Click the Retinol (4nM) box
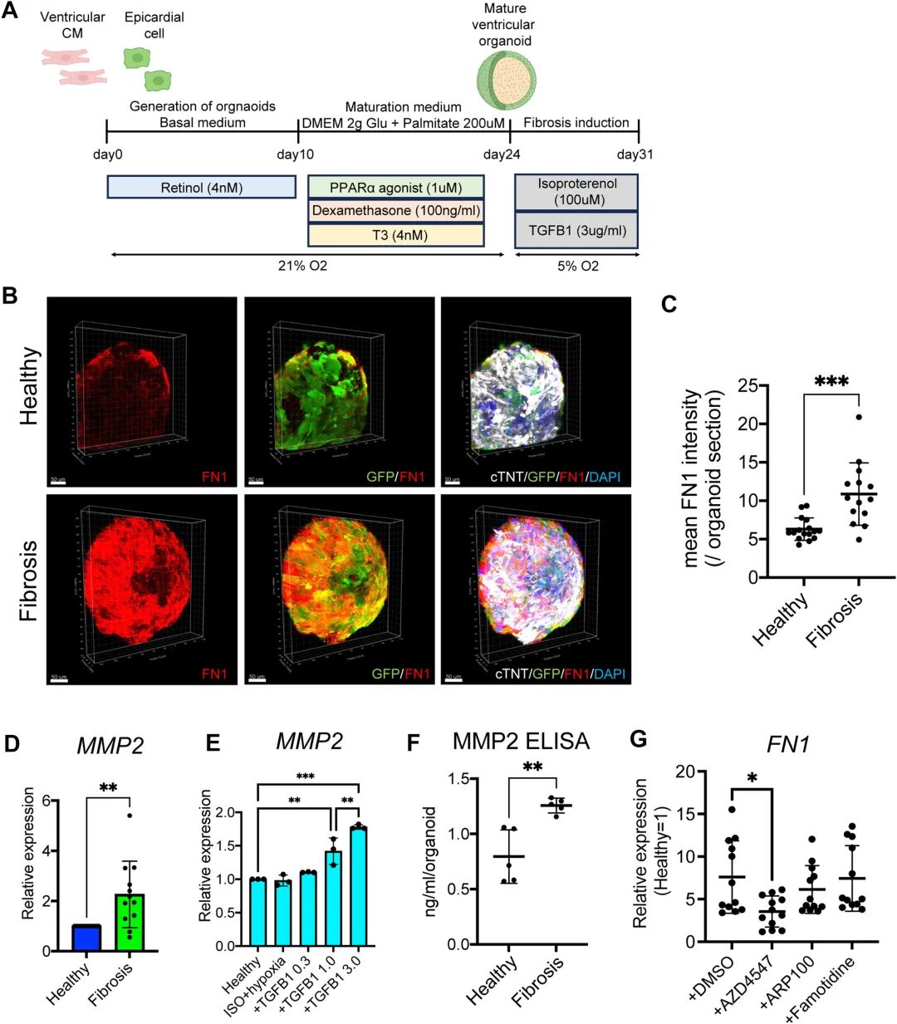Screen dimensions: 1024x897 pos(201,188)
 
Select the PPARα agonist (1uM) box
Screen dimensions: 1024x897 pos(395,188)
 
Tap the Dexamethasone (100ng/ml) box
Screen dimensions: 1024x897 pos(395,211)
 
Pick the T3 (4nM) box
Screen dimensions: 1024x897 pos(395,234)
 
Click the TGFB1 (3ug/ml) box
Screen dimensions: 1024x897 pos(576,230)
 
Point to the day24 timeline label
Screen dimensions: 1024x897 pos(502,154)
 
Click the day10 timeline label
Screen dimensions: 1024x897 pos(295,154)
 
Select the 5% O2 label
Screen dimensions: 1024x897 pos(577,267)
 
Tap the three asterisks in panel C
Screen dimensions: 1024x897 pos(831,383)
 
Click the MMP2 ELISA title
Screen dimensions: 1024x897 pos(521,742)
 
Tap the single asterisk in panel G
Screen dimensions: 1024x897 pos(752,778)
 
